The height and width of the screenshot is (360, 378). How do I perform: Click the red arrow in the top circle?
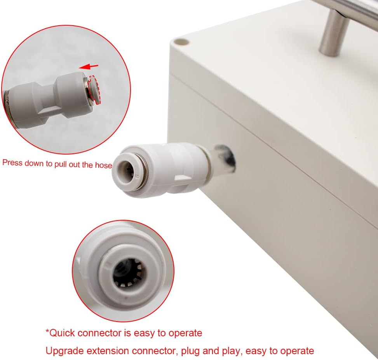click(x=89, y=66)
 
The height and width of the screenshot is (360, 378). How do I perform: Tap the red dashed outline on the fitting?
click(x=94, y=90)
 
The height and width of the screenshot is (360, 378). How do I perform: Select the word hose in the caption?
click(x=103, y=165)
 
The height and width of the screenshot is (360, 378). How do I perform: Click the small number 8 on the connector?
click(x=137, y=176)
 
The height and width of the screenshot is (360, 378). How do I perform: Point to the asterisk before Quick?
click(x=47, y=330)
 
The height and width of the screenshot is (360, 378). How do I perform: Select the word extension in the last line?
click(x=108, y=351)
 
